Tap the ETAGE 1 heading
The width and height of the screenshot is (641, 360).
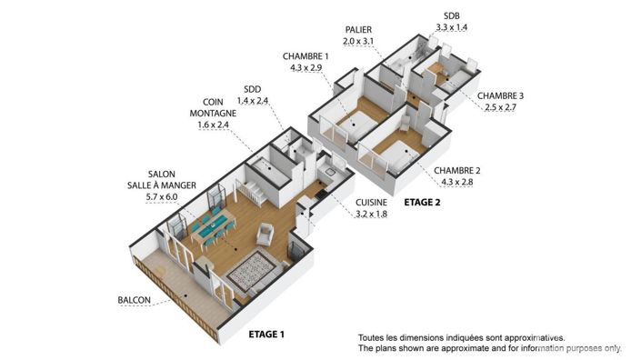tap(266, 335)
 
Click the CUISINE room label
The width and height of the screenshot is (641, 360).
tap(373, 203)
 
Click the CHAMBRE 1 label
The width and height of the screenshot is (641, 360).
tap(306, 56)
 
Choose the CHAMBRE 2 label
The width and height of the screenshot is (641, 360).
tap(457, 171)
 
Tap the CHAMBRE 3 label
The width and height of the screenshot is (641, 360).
tap(502, 95)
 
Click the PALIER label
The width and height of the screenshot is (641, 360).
tap(356, 30)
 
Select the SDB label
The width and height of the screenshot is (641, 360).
tap(452, 16)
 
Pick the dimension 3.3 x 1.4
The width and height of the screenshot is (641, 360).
tap(452, 28)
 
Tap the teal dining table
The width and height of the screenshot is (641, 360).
tap(212, 228)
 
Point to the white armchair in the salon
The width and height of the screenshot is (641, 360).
tap(265, 234)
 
